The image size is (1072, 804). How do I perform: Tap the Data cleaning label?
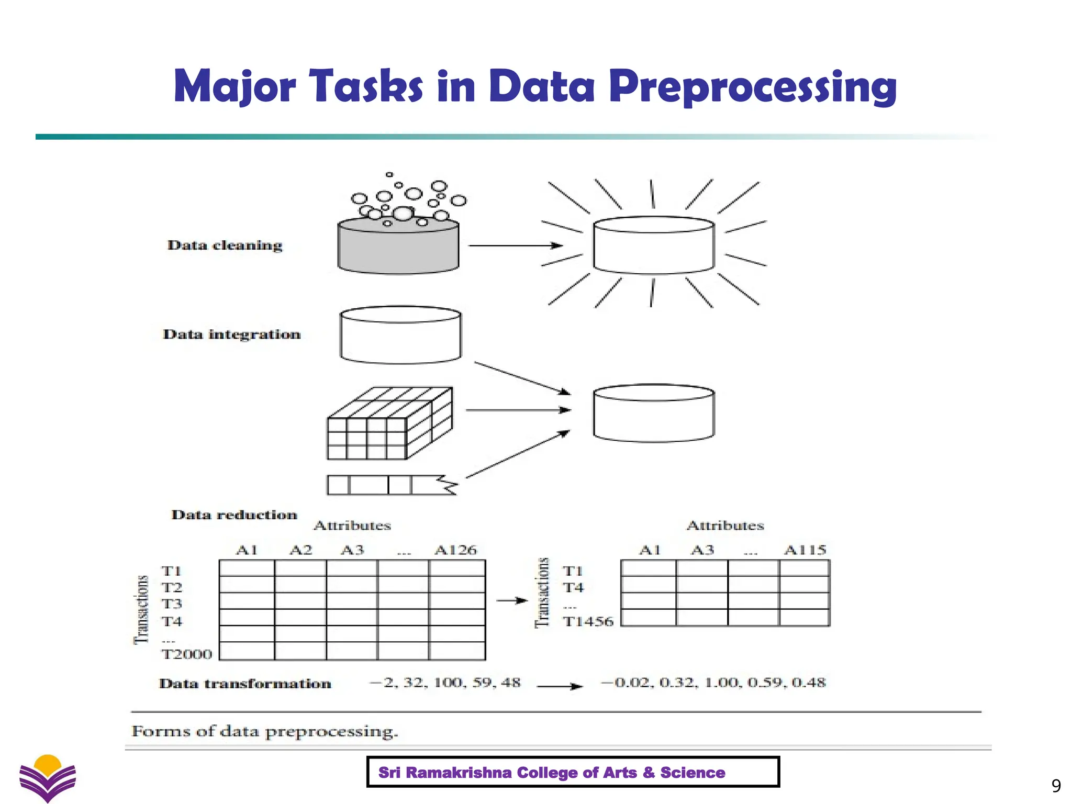click(225, 245)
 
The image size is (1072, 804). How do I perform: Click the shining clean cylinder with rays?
click(653, 245)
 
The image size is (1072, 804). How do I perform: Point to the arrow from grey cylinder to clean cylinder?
click(515, 245)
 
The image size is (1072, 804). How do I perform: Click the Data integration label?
click(232, 334)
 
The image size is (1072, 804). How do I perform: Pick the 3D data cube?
click(389, 423)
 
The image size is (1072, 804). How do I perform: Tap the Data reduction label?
click(234, 515)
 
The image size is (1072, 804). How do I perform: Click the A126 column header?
click(455, 550)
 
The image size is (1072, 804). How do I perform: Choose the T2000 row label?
click(187, 654)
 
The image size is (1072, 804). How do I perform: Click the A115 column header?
click(805, 550)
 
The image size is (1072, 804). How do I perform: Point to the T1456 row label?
click(588, 622)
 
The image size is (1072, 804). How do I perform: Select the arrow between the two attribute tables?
click(511, 600)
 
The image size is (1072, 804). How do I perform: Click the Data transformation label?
click(245, 684)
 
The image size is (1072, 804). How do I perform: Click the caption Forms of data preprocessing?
click(265, 731)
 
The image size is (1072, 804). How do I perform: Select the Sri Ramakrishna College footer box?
click(573, 772)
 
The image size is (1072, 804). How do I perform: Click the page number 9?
click(1056, 786)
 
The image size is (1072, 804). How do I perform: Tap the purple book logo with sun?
click(48, 777)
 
